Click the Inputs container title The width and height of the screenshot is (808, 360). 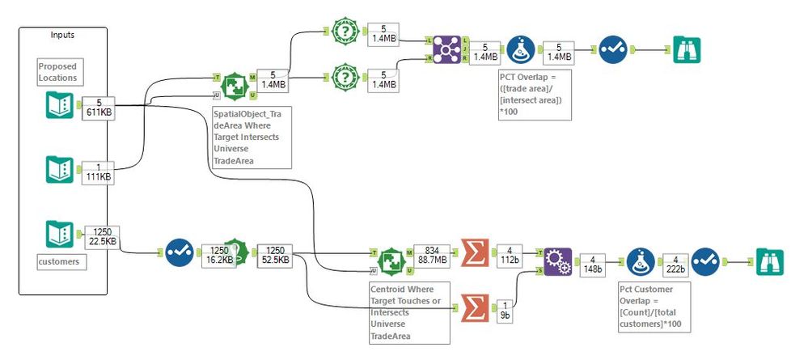[x=62, y=36]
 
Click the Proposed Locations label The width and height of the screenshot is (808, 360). [x=57, y=71]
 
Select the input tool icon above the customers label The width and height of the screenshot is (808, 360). [x=59, y=235]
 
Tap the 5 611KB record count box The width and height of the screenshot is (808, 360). [x=99, y=108]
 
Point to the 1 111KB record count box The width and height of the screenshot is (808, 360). [x=99, y=171]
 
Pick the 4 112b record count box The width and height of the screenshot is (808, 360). [x=509, y=253]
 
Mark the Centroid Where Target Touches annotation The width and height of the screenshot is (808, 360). [x=408, y=311]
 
